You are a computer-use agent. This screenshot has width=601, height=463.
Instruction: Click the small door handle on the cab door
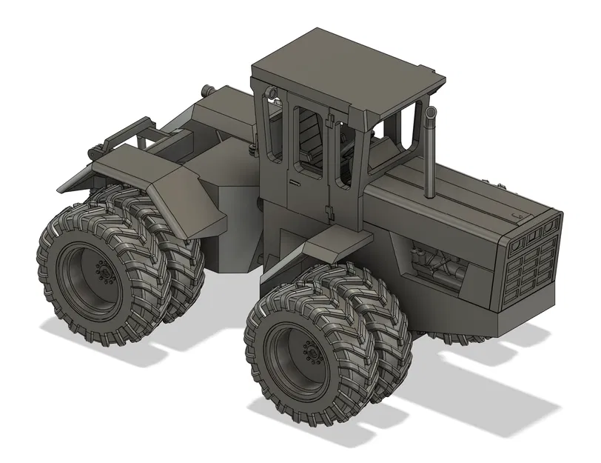[x=295, y=181]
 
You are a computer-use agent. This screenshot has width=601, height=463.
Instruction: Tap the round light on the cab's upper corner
[x=272, y=92]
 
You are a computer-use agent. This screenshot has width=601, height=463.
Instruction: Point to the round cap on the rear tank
[x=207, y=90]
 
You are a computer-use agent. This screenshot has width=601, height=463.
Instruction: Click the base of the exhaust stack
[x=429, y=196]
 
